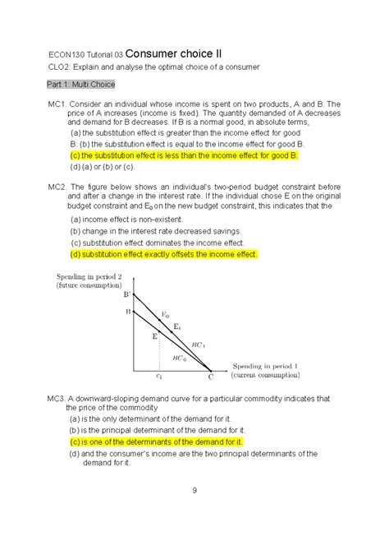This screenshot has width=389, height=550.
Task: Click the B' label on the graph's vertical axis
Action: click(127, 293)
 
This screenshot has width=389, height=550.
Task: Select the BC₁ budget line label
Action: click(197, 345)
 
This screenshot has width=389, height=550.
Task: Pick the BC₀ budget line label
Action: click(180, 358)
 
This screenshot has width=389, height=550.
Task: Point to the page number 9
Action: click(194, 491)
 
